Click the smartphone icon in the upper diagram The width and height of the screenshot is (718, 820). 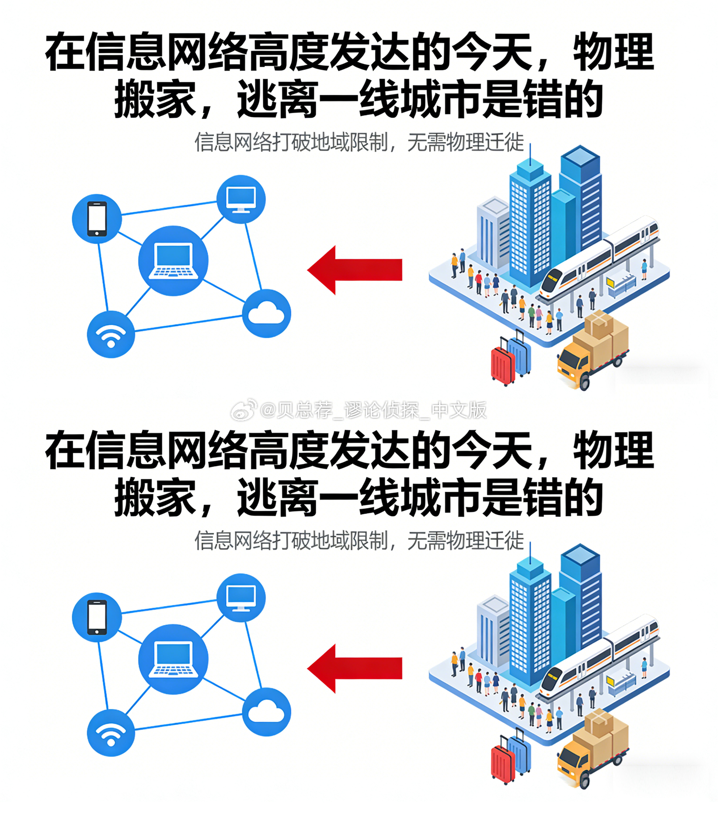pos(97,219)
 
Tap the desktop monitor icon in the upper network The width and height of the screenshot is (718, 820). pos(241,199)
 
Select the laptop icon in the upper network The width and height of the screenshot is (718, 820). pos(173,261)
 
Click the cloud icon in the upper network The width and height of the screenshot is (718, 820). pos(266,314)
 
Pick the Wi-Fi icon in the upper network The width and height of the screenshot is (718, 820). pos(110,335)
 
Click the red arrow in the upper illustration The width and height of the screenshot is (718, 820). pos(354,270)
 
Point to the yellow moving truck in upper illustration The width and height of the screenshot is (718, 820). pos(591,352)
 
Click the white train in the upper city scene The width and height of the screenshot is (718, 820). pos(598,258)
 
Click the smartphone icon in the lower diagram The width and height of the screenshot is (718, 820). pos(97,617)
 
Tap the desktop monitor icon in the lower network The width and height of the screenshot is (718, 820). pos(241,598)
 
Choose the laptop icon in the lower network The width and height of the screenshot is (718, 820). pos(173,659)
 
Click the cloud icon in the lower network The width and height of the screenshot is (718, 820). pos(266,712)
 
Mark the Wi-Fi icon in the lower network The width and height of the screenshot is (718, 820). pos(110,733)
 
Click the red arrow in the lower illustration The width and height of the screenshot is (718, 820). pos(354,668)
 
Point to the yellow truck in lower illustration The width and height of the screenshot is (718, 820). pos(591,751)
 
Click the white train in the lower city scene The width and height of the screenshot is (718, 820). pos(598,656)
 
